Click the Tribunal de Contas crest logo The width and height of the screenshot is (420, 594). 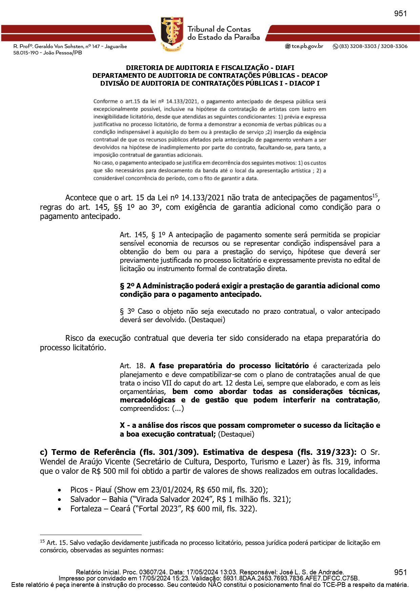(x=172, y=34)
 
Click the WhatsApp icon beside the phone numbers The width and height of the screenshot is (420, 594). (x=335, y=46)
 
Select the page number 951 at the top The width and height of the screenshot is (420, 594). (x=400, y=14)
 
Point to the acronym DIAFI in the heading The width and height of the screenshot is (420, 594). (x=285, y=68)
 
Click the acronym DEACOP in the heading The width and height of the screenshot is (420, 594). (x=314, y=75)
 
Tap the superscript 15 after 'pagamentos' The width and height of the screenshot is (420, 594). (x=375, y=195)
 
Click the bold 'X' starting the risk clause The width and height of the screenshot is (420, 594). (x=122, y=425)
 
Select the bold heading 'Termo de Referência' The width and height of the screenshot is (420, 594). (x=93, y=452)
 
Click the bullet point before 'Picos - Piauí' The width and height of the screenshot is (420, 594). (x=60, y=490)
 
